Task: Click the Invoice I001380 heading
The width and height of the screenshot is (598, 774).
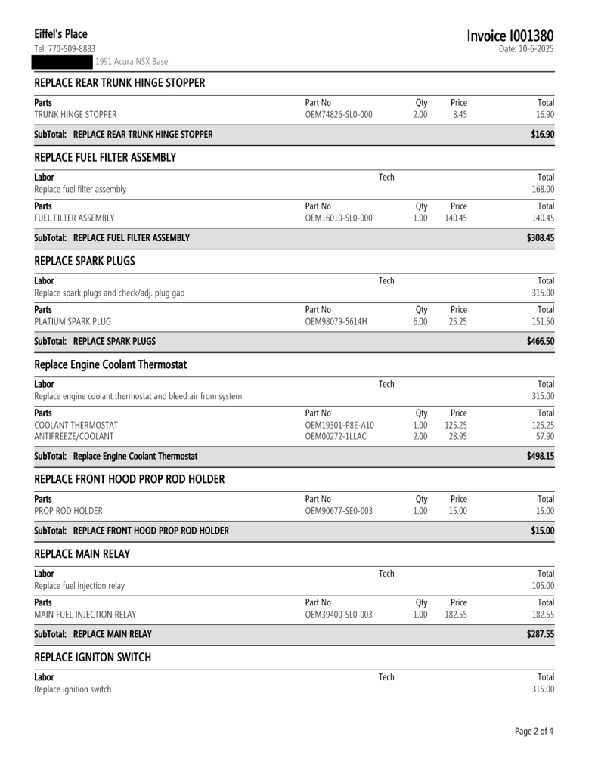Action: [510, 36]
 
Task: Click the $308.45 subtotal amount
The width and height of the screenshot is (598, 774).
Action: [540, 237]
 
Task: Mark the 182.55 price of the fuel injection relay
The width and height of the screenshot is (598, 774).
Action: [454, 614]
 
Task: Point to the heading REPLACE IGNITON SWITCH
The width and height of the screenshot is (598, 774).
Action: [93, 658]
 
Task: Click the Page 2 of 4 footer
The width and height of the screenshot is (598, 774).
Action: [534, 732]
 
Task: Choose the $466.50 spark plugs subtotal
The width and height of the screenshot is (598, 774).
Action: [540, 341]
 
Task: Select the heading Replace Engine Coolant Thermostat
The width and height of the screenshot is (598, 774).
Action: [110, 365]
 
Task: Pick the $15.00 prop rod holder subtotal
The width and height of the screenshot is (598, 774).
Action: [541, 530]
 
